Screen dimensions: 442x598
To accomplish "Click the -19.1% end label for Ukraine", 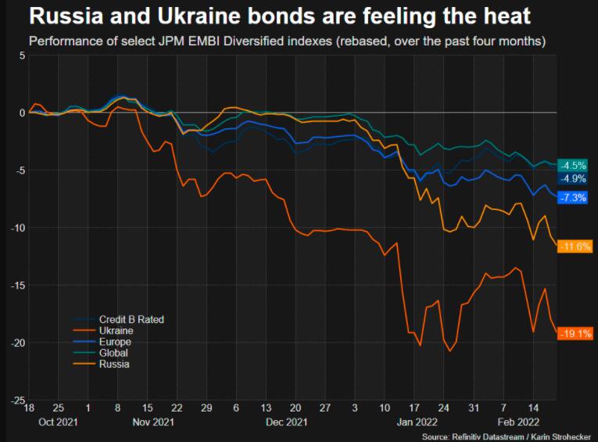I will [x=575, y=334].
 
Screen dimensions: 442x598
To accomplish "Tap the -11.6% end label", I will [x=575, y=246].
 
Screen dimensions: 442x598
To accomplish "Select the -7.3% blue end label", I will [x=575, y=197].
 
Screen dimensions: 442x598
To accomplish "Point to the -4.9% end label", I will [x=575, y=178].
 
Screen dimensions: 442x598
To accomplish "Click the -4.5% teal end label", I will [x=575, y=165].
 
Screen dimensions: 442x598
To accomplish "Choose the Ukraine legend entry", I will [x=116, y=331].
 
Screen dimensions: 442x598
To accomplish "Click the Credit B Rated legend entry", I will [x=131, y=319].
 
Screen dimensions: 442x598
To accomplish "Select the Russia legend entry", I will [x=114, y=364].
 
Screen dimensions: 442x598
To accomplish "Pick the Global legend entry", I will [x=114, y=353].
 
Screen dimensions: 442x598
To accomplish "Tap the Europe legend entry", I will [x=115, y=342].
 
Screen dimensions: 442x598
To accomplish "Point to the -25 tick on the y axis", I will [x=16, y=400].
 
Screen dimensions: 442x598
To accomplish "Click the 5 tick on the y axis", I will [x=22, y=56].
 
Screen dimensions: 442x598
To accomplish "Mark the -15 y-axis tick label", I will [x=16, y=285].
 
